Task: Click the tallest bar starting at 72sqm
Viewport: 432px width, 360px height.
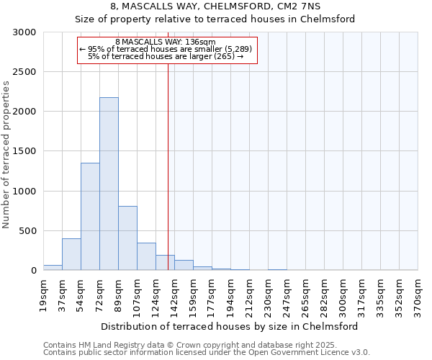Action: coord(109,184)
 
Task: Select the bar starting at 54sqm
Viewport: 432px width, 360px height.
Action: coord(90,216)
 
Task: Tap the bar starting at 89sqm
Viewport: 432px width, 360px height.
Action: coord(127,238)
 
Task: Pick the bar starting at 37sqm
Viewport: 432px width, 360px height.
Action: coord(71,254)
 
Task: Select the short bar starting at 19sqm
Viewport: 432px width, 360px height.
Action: coord(53,267)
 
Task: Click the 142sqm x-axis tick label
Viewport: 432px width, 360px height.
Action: coord(174,294)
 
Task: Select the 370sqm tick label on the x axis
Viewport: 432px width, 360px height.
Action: coord(418,294)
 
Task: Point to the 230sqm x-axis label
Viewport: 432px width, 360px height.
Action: coord(268,294)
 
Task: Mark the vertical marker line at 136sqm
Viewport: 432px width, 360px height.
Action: coord(168,166)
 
